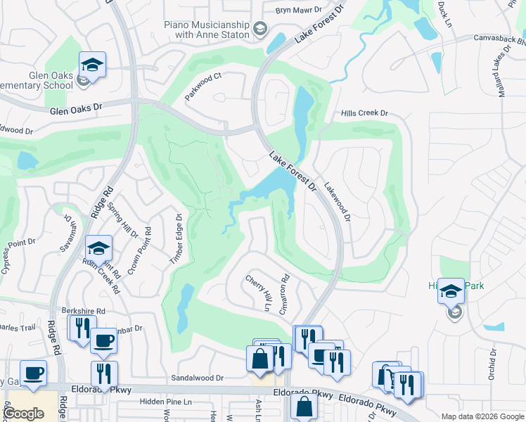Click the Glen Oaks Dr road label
click(77, 110)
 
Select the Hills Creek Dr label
click(364, 113)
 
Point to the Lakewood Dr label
click(335, 200)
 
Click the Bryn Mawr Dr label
click(298, 11)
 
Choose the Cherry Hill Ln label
click(257, 293)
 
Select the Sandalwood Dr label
click(197, 378)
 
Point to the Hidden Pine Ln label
click(165, 402)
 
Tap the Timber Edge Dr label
click(176, 240)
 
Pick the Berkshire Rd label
click(83, 310)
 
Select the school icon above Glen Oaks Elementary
click(92, 65)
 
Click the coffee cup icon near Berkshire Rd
click(104, 341)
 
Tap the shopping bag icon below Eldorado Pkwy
click(304, 407)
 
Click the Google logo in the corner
click(23, 414)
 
